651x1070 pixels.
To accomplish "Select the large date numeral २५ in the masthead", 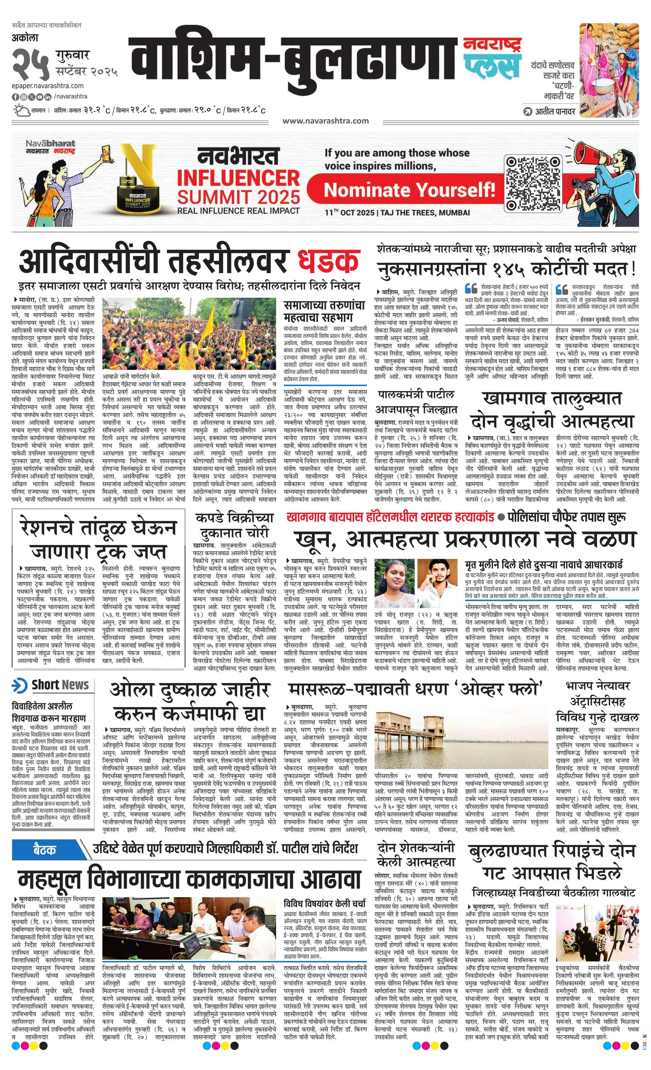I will tap(30, 63).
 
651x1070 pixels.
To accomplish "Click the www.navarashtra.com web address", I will tap(325, 121).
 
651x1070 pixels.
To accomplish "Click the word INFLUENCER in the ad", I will tap(238, 178).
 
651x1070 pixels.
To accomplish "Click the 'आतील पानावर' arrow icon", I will tap(528, 111).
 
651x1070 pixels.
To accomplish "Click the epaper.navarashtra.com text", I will tap(48, 86).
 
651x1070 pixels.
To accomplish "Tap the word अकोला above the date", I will tap(25, 38).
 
